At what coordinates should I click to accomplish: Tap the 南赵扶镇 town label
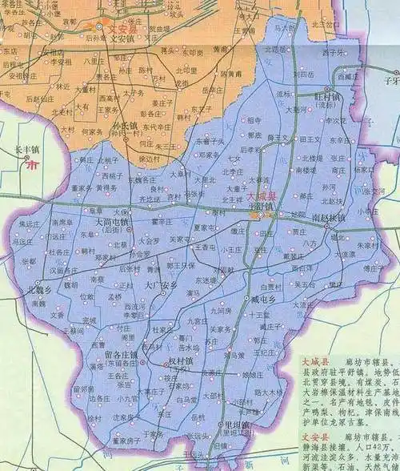coord(329,218)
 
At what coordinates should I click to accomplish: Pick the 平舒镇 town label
coord(259,204)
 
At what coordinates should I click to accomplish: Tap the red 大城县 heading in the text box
coord(316,361)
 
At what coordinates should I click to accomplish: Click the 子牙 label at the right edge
coord(390,81)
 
